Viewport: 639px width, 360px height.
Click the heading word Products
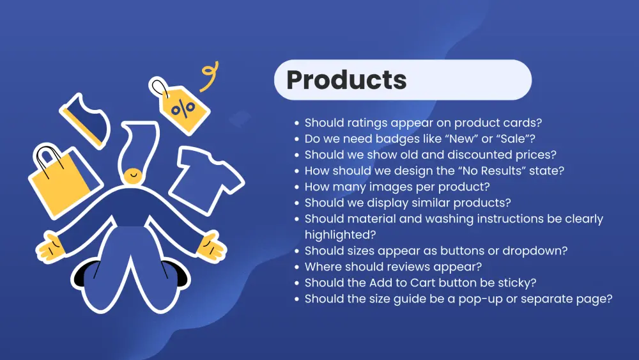tap(346, 79)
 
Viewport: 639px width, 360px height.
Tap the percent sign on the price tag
tap(183, 109)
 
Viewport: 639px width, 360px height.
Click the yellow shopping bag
tap(63, 179)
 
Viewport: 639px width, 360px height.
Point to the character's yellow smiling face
tap(133, 176)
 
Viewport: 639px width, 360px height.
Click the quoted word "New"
tap(461, 139)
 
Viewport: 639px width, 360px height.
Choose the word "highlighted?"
tap(341, 235)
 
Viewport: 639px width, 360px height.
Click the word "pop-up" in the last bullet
tap(481, 299)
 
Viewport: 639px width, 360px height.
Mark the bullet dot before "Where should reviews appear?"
tap(296, 267)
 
